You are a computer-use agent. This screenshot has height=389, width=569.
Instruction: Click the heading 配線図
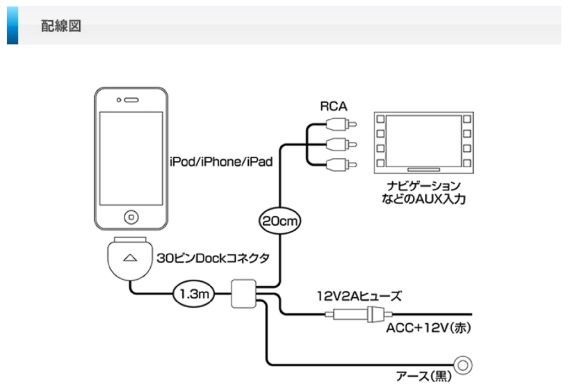click(61, 26)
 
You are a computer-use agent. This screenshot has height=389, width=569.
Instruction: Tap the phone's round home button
click(131, 217)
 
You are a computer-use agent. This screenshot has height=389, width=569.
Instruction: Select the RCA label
click(333, 106)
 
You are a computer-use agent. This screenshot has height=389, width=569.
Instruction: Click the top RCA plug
click(341, 125)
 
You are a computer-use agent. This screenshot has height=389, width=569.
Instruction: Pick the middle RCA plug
click(341, 145)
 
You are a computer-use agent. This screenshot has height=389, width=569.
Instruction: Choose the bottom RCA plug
click(341, 165)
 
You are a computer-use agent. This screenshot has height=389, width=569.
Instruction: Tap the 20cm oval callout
click(280, 221)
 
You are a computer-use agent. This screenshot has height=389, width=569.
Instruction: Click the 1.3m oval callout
click(194, 294)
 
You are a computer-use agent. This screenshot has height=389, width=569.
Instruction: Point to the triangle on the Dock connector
click(130, 258)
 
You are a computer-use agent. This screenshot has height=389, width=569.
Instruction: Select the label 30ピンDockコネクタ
click(213, 258)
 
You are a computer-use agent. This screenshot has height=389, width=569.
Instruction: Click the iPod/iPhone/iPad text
click(221, 161)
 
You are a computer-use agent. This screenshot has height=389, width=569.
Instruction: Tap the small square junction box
click(244, 294)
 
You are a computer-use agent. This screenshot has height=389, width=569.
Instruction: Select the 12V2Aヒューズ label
click(358, 296)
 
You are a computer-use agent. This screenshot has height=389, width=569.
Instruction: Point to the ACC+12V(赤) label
click(428, 328)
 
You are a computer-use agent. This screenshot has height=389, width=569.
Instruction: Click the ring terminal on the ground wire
click(463, 365)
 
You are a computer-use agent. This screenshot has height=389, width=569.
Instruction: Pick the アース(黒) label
click(424, 376)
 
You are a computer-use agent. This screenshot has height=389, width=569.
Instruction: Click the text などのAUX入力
click(423, 199)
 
